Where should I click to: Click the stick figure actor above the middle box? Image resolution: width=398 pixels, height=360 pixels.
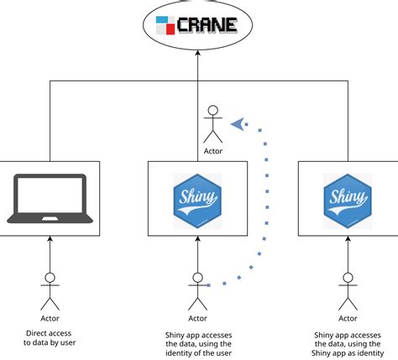click(x=213, y=123)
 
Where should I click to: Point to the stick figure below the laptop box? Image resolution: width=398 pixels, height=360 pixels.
click(x=50, y=290)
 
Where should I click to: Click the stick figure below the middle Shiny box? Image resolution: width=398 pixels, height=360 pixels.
click(x=198, y=290)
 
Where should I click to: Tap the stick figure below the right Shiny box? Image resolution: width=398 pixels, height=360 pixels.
click(x=348, y=290)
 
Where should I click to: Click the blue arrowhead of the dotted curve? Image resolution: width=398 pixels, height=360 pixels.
click(x=239, y=124)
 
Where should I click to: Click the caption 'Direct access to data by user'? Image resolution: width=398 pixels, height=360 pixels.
click(x=50, y=337)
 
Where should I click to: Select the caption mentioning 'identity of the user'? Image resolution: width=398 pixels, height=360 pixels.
click(x=198, y=343)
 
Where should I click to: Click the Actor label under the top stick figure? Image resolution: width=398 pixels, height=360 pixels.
click(x=213, y=151)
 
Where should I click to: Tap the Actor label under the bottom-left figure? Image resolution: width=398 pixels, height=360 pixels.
click(x=50, y=318)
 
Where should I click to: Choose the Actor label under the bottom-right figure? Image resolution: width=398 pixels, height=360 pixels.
click(x=348, y=318)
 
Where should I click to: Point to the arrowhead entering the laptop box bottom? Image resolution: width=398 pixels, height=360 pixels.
click(x=50, y=240)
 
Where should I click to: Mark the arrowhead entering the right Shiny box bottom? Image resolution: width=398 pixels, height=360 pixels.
click(x=348, y=240)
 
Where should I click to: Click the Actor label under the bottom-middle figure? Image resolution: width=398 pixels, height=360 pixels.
click(x=198, y=318)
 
